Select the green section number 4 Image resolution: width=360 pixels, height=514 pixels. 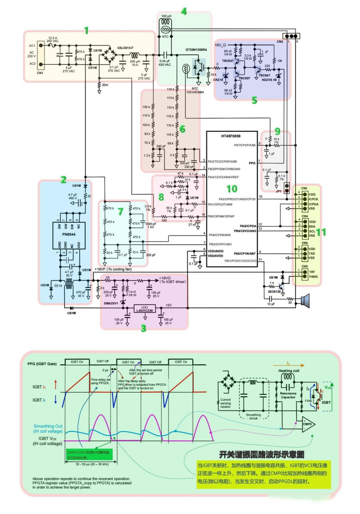184,11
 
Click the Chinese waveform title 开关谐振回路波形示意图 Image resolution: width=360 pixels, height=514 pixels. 261,455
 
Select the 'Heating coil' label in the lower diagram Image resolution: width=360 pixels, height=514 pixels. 288,371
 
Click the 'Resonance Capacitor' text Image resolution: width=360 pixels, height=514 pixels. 288,396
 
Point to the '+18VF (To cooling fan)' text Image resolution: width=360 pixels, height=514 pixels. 114,269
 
